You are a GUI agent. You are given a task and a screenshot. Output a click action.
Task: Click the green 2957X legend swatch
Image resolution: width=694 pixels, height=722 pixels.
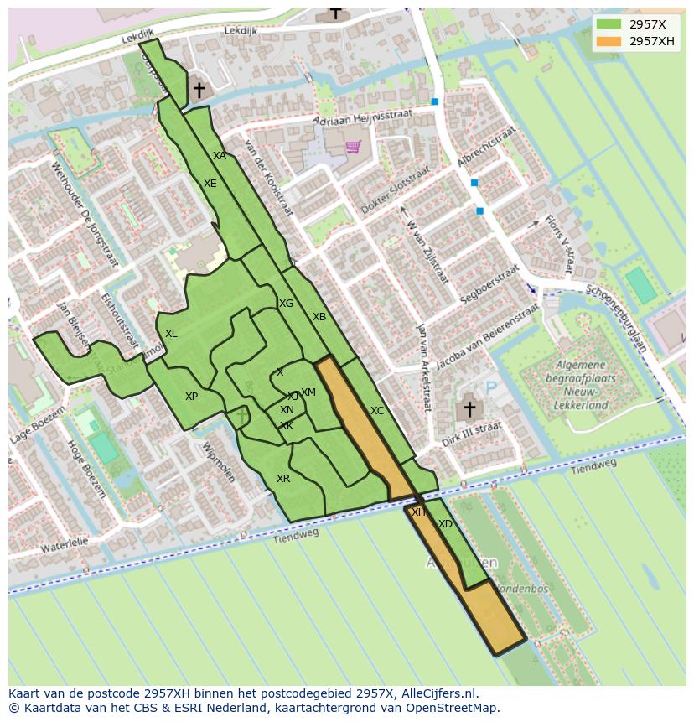click(609, 24)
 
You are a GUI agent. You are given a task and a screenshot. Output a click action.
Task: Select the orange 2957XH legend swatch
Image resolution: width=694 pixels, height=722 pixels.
click(609, 41)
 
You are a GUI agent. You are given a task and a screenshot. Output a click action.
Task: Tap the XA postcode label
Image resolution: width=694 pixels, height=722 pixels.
click(220, 156)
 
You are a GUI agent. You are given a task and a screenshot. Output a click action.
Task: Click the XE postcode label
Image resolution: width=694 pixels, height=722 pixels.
click(210, 184)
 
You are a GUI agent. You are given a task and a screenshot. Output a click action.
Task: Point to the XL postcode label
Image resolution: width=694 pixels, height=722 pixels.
click(171, 334)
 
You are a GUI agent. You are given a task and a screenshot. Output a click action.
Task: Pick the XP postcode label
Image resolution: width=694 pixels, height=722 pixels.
click(192, 397)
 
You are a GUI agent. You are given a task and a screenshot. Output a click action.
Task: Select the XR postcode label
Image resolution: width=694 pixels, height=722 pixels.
click(283, 479)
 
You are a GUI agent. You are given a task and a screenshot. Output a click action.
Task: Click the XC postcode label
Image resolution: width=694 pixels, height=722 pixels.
click(377, 411)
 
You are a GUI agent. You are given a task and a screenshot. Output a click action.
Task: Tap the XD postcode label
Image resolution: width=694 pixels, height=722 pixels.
click(445, 524)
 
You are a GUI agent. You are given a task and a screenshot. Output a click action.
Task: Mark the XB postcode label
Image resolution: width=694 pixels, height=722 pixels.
click(319, 317)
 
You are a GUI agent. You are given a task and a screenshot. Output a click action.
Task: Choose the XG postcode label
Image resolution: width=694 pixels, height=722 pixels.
click(287, 304)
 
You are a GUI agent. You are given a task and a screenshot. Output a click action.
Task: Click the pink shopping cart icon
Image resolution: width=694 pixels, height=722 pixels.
click(353, 147)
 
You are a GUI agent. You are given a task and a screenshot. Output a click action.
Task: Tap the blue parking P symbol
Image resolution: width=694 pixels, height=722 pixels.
click(491, 387)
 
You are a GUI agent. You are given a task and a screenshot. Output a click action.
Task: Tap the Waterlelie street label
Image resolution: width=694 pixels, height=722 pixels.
click(65, 546)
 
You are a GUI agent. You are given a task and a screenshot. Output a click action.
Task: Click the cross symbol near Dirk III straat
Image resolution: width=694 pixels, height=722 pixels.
click(469, 409)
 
